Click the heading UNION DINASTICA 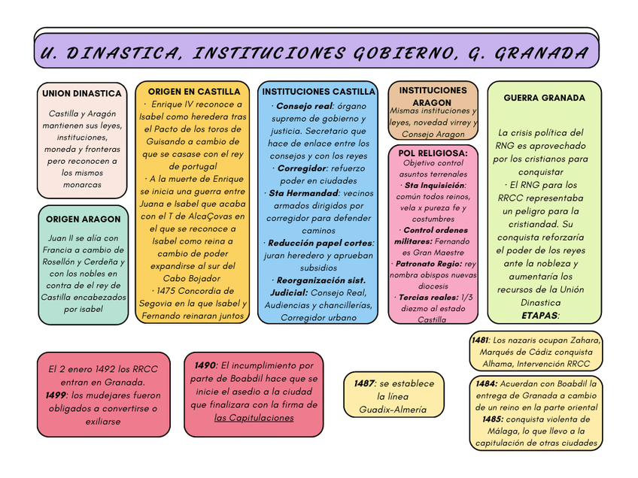[x=81, y=93]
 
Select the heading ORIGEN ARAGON [x=83, y=219]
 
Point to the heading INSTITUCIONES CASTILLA [x=318, y=92]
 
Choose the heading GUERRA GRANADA [x=544, y=98]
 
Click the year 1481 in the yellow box [x=480, y=340]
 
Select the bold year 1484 [x=486, y=383]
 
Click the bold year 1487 [x=364, y=383]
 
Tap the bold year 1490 [x=205, y=365]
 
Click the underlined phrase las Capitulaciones [x=254, y=417]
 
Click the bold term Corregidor [x=302, y=168]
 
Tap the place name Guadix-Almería [x=392, y=410]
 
